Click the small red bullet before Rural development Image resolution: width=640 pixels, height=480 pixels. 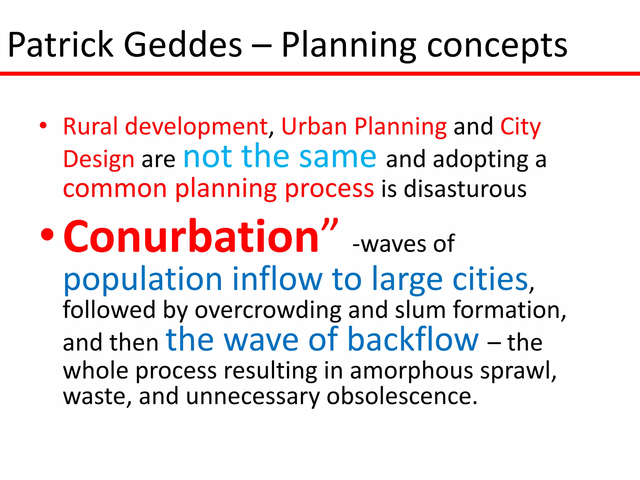[43, 126]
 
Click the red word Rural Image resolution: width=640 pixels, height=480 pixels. [91, 127]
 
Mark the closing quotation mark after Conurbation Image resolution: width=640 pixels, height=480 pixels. [330, 226]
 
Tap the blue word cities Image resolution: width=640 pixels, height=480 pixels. [491, 279]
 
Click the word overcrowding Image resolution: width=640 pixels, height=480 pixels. [268, 310]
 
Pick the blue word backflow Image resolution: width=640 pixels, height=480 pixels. [412, 339]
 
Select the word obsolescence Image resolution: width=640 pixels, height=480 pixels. [402, 396]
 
